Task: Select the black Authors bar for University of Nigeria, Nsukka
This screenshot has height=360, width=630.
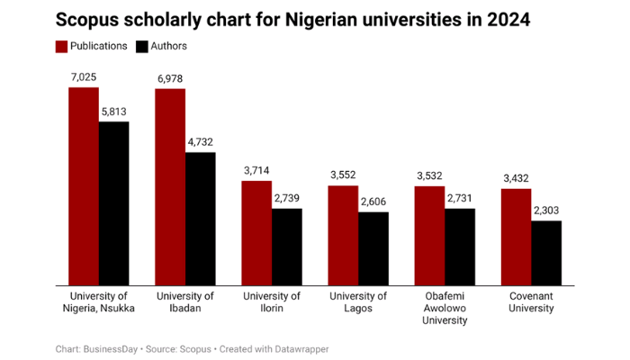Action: (114, 203)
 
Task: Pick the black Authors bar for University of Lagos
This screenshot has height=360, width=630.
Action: (373, 248)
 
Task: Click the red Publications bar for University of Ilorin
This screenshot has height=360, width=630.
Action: (256, 233)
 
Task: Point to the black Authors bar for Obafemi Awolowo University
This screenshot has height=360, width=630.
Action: (460, 247)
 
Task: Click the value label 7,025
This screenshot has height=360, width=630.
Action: (84, 77)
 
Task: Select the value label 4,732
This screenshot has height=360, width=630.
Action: (201, 141)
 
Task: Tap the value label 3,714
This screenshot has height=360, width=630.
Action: (256, 170)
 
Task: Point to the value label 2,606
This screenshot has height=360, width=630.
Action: (373, 201)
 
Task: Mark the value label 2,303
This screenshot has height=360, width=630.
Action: (546, 210)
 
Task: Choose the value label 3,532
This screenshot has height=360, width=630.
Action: (429, 175)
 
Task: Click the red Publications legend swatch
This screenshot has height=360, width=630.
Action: (62, 46)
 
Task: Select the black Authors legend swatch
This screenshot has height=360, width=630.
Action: (142, 46)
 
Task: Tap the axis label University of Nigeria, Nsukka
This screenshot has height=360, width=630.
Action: (99, 302)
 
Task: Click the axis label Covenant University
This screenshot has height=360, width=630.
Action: (531, 302)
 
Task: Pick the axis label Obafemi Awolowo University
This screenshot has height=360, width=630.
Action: (445, 309)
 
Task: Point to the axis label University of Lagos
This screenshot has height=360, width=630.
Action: (358, 302)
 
